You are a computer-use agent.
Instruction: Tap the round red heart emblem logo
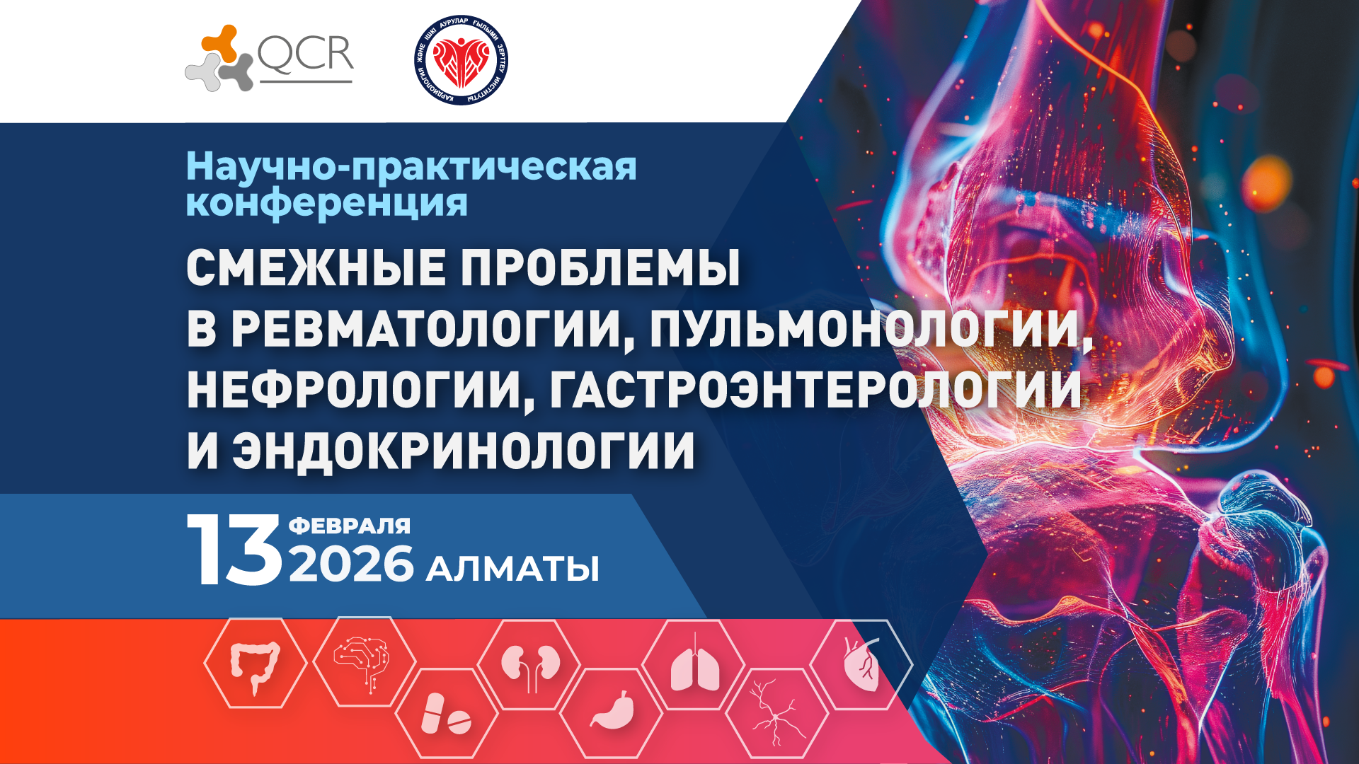click(461, 60)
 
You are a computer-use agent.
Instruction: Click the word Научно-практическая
click(411, 167)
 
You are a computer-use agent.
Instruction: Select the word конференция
click(326, 204)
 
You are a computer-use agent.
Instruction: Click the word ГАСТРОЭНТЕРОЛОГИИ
click(815, 390)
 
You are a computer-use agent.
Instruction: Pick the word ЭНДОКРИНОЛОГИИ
click(464, 451)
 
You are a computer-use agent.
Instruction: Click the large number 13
click(234, 550)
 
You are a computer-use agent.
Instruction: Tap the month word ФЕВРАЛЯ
click(350, 526)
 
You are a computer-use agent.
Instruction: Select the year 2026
click(351, 565)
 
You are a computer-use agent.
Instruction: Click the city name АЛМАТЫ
click(512, 569)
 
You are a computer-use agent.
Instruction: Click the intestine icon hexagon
click(255, 664)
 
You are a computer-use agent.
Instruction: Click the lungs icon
click(694, 665)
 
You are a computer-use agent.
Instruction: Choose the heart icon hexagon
click(861, 665)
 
